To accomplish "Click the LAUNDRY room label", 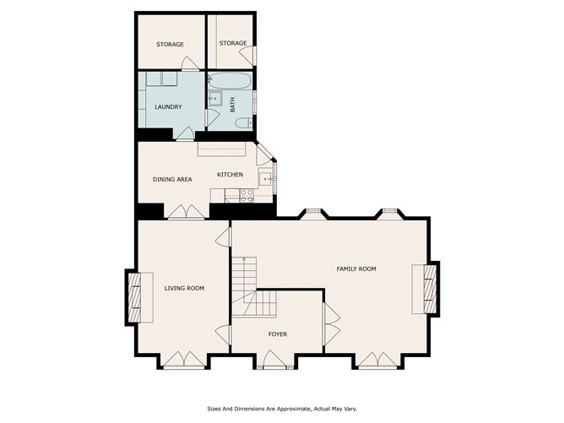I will coord(168,106).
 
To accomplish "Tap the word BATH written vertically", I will coord(233,106).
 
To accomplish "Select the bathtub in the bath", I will coord(230,82).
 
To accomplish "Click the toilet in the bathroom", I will coord(242,123).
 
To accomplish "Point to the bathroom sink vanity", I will coord(214,99).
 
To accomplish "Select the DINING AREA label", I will coord(172,179).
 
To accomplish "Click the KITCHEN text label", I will coord(230,175).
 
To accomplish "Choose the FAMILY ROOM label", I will coord(355,268).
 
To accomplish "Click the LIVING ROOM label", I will coord(184,289).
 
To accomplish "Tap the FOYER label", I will coord(277,334).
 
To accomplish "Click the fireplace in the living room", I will coord(135,297).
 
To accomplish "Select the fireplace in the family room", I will coord(427,289).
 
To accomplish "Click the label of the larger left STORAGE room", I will coord(170,45).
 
